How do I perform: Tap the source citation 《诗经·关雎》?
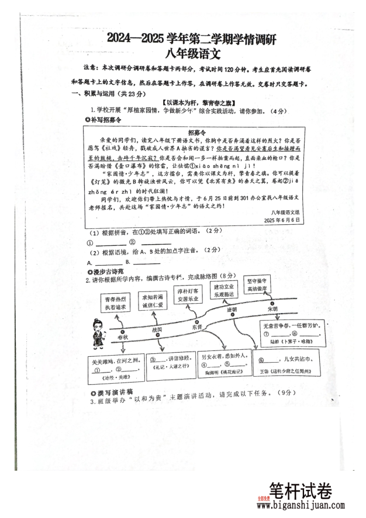coord(111,377)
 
